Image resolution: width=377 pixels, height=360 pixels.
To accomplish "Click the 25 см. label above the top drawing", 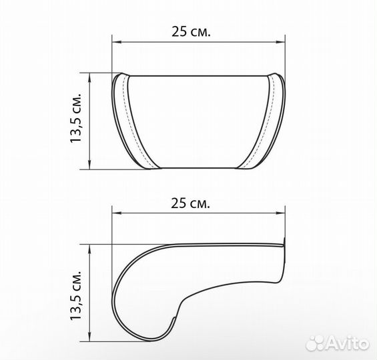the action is click(x=191, y=31).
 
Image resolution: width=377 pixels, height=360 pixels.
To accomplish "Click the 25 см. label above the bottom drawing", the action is click(x=190, y=203).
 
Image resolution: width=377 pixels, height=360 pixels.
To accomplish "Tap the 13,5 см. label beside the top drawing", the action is click(x=76, y=117).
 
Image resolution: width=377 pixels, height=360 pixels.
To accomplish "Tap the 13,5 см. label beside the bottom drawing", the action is click(x=76, y=295).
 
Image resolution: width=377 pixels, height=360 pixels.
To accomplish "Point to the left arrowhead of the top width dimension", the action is click(x=117, y=42).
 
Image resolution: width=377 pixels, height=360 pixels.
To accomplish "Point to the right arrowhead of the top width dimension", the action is click(x=280, y=42).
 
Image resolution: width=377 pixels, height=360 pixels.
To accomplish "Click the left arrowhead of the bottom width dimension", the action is click(x=117, y=213).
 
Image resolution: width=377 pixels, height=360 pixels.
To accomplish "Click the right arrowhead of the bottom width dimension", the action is click(x=280, y=213).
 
